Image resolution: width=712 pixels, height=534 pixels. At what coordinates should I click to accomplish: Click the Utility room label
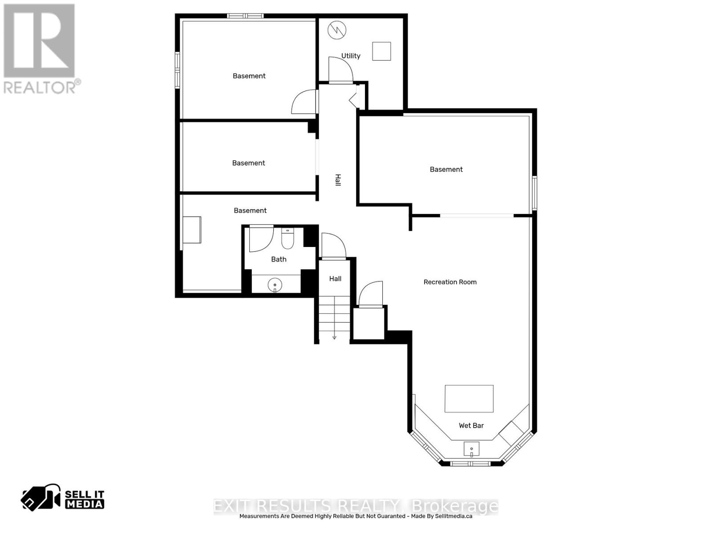[x=351, y=56]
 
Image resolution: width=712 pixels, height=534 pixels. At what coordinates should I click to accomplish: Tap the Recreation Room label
[x=450, y=282]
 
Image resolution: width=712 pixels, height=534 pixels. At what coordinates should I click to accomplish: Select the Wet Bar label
[x=471, y=426]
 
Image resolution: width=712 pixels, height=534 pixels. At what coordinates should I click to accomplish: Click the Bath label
[x=279, y=259]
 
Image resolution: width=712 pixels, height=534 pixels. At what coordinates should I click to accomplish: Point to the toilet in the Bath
[x=287, y=239]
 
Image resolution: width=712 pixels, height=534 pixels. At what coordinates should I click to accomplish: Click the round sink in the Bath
[x=275, y=285]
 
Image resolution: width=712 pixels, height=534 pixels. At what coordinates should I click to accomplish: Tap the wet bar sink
[x=471, y=449]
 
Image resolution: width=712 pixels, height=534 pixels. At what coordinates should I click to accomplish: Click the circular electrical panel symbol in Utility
[x=337, y=30]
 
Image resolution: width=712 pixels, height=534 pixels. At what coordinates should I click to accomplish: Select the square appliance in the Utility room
[x=381, y=51]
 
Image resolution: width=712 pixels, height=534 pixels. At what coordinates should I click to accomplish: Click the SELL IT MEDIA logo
[x=63, y=498]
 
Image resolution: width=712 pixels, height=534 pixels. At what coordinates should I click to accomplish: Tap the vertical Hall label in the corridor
[x=338, y=180]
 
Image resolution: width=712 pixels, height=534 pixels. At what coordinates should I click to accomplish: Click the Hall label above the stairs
[x=335, y=279]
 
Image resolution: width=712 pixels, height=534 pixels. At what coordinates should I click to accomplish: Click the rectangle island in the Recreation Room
[x=469, y=399]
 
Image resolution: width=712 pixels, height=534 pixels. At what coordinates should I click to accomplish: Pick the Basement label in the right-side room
[x=446, y=170]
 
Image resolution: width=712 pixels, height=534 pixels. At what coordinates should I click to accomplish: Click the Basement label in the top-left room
[x=249, y=76]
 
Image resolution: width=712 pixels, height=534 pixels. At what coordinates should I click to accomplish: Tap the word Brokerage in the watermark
[x=455, y=506]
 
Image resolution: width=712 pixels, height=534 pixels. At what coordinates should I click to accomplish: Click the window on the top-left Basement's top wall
[x=245, y=16]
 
